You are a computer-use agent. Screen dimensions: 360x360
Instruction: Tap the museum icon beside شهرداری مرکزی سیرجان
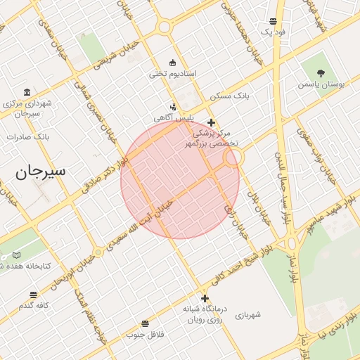click(x=27, y=93)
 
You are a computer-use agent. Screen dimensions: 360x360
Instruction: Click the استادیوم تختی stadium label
click(x=172, y=73)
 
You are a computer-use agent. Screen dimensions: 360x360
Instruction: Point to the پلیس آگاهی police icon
click(x=173, y=107)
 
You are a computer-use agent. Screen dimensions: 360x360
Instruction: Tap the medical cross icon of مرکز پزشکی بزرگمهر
click(x=210, y=122)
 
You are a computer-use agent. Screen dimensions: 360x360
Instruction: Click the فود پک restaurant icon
click(x=273, y=21)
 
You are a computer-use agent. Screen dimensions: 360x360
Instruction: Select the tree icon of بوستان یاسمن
click(x=321, y=72)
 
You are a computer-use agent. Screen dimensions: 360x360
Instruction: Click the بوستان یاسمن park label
click(x=321, y=84)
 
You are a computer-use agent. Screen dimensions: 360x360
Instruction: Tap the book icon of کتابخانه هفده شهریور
click(x=16, y=255)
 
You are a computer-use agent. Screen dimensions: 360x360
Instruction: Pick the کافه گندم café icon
click(x=33, y=295)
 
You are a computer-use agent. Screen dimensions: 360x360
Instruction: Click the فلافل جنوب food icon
click(x=145, y=323)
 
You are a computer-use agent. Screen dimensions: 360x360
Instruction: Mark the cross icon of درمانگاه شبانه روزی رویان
click(x=205, y=298)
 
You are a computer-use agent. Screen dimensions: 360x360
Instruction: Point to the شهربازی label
click(x=247, y=314)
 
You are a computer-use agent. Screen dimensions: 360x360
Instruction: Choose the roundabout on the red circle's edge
click(x=233, y=160)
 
